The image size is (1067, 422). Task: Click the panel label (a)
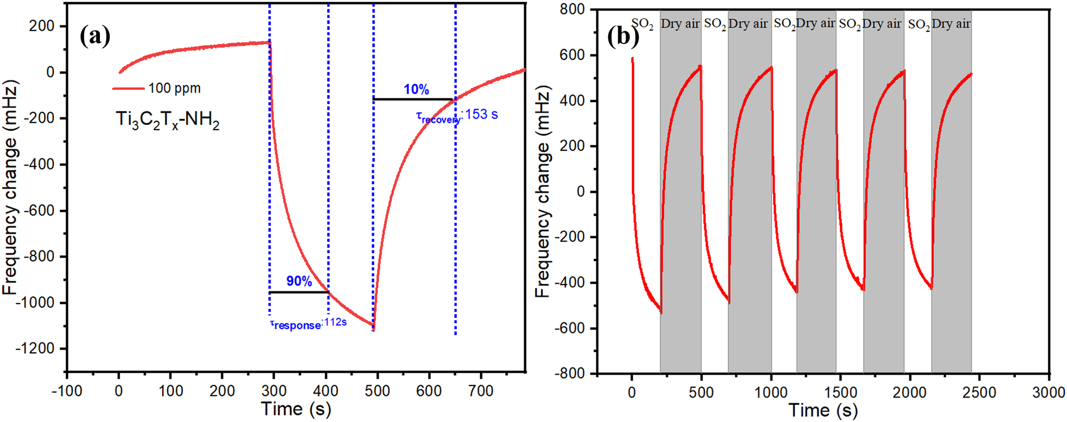(x=95, y=37)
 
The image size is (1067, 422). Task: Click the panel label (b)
(x=623, y=37)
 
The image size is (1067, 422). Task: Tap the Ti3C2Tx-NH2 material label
(x=167, y=121)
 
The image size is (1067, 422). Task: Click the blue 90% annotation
(x=299, y=282)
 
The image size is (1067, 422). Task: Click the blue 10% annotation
(x=416, y=89)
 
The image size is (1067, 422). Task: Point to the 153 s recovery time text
(x=481, y=114)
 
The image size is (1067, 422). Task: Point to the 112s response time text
(x=335, y=322)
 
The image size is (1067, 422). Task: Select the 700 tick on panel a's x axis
(x=480, y=391)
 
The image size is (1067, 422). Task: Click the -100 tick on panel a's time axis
(x=67, y=391)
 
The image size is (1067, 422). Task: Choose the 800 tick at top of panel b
(x=573, y=9)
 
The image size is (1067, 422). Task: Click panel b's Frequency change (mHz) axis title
(x=542, y=193)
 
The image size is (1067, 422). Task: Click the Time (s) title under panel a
(x=296, y=409)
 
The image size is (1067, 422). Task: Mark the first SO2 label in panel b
(x=642, y=24)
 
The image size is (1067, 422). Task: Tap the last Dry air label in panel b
(x=951, y=24)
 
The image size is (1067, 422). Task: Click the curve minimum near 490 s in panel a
(x=373, y=329)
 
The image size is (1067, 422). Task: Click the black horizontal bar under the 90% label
(x=299, y=292)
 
